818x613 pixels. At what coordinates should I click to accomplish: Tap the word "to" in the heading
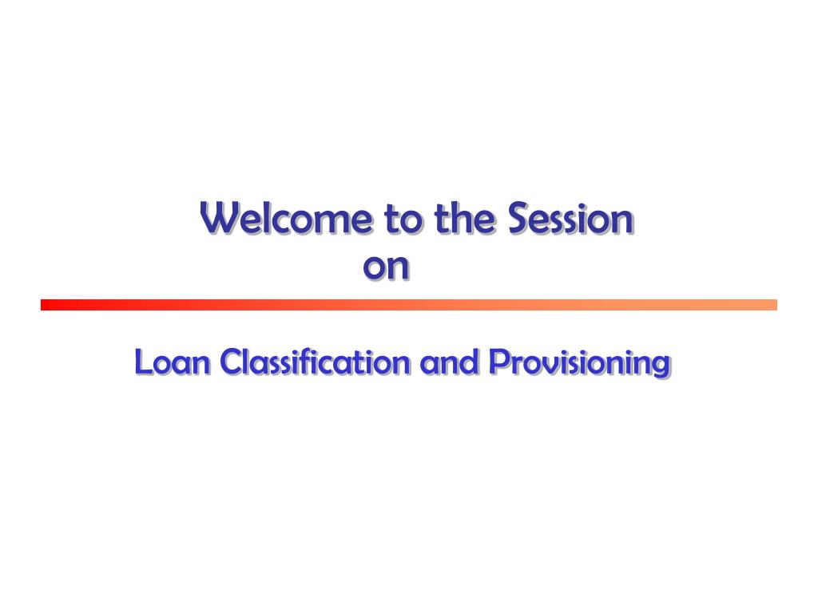[403, 219]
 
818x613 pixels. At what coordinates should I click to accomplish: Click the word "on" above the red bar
[386, 267]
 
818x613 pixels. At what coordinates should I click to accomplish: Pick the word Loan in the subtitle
[173, 362]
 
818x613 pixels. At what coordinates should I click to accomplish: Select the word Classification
[315, 362]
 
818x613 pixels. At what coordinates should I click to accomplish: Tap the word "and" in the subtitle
[449, 362]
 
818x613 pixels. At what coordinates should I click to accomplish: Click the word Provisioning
[580, 363]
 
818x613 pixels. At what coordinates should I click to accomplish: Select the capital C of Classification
[231, 362]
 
